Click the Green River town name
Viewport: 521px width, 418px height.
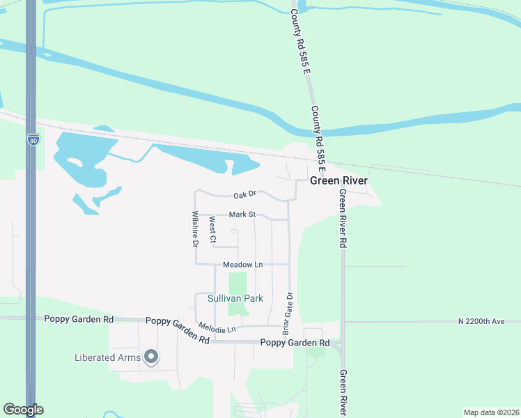(x=338, y=180)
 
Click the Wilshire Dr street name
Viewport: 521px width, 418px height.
(x=196, y=229)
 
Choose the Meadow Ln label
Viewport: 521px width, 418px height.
(x=242, y=265)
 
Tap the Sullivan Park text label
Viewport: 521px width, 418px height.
(x=235, y=298)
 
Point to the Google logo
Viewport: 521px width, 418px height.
(x=23, y=410)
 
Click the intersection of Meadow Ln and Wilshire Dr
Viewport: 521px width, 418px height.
(x=196, y=264)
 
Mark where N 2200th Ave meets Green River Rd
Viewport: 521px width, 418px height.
(x=343, y=322)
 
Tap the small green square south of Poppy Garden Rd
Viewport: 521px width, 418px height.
(x=316, y=350)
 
